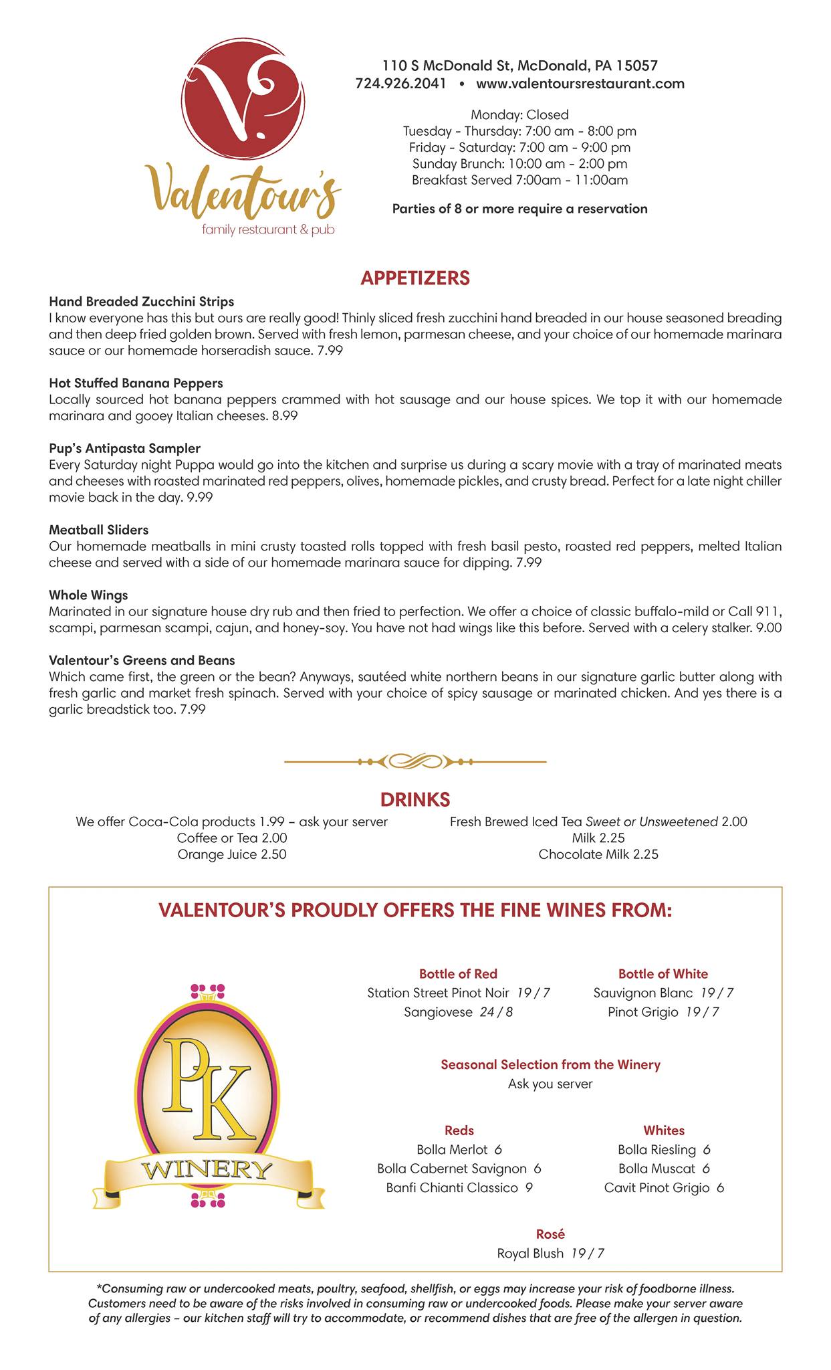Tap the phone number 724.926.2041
400,84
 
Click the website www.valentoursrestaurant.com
580,84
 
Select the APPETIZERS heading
415,278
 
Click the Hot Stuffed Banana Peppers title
136,383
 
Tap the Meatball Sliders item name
98,530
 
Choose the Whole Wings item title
88,595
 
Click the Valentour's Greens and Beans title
142,660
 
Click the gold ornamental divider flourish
415,761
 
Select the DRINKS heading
415,799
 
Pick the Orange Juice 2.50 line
231,854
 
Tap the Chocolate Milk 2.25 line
598,854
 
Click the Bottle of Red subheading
458,974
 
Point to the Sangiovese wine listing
458,1012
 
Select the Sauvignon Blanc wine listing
663,993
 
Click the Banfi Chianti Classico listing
459,1188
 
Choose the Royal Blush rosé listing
550,1254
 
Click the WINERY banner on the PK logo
207,1171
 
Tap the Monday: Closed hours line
519,114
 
